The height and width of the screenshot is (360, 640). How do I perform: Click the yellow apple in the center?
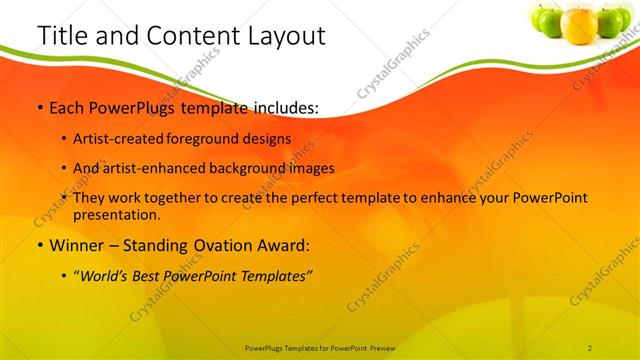[x=579, y=24]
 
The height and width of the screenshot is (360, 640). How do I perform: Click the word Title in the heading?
[x=61, y=36]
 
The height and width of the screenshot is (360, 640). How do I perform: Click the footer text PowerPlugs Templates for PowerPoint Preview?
[x=319, y=347]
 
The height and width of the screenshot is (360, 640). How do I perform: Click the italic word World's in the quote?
[x=108, y=273]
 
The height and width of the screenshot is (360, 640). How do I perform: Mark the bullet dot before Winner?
[x=39, y=246]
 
